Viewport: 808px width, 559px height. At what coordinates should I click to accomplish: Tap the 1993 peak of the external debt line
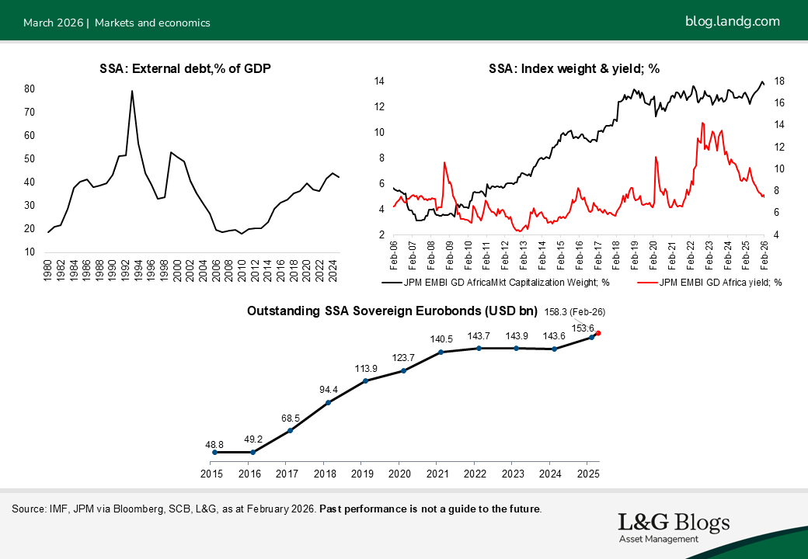(x=132, y=91)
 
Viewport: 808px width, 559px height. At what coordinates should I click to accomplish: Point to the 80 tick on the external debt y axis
(x=30, y=89)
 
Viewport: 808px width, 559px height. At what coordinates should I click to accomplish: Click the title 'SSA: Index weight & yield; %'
(x=574, y=69)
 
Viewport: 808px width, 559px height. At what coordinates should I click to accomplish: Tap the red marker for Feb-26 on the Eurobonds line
(x=597, y=334)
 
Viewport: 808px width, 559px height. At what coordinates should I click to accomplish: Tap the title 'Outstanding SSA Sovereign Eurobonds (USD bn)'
(x=392, y=311)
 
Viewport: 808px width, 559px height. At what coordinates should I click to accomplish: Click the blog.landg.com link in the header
(x=733, y=21)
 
